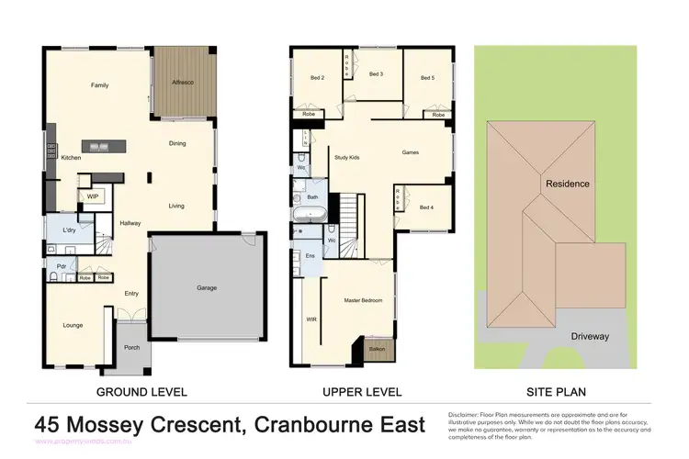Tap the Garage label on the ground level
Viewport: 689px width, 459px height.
click(207, 288)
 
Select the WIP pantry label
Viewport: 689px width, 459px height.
click(93, 196)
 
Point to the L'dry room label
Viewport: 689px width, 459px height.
click(69, 229)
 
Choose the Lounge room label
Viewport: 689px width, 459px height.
click(73, 326)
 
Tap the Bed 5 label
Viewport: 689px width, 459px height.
click(427, 78)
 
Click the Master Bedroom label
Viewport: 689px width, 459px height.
click(363, 300)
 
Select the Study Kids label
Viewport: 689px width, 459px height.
click(346, 158)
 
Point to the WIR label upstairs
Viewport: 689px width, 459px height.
click(311, 319)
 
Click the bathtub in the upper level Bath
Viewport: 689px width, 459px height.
click(313, 214)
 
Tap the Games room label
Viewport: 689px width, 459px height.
click(411, 153)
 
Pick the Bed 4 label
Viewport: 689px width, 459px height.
click(426, 207)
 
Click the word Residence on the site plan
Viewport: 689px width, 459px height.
click(568, 184)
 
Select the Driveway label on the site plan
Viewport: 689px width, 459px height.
click(589, 336)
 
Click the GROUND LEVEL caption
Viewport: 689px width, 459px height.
click(141, 392)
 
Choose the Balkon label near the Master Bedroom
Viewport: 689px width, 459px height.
click(377, 349)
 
